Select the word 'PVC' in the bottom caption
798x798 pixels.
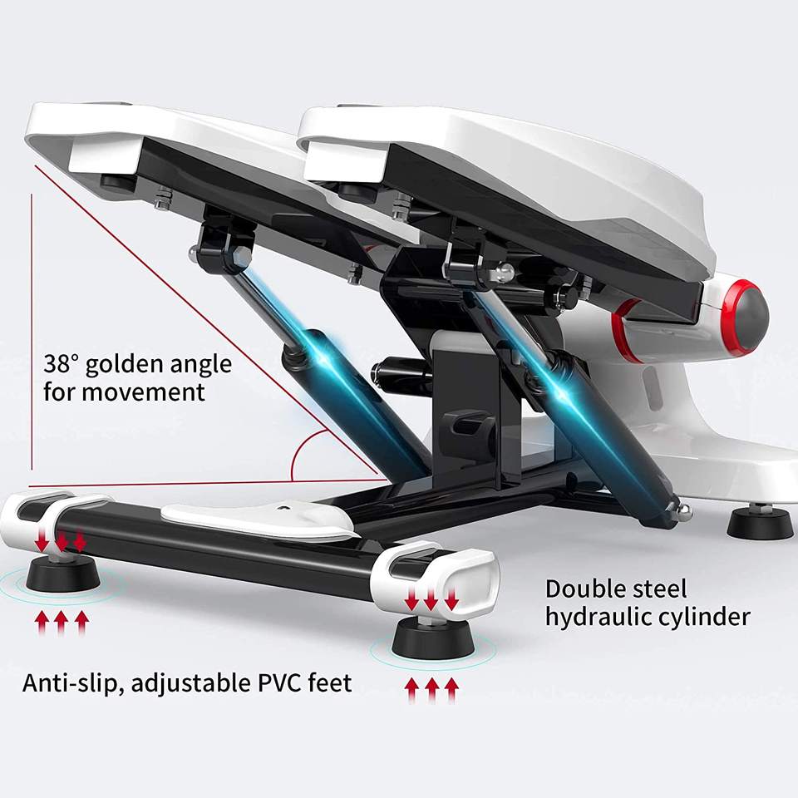[x=280, y=682]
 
